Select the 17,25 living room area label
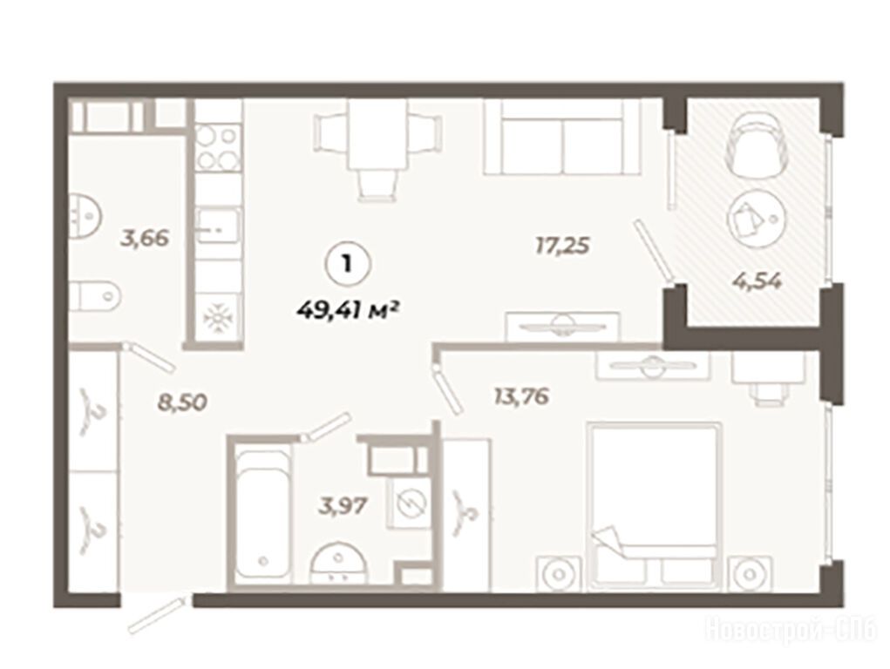pos(562,246)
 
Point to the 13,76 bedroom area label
pos(521,396)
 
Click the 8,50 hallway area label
pos(181,402)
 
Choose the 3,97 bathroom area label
pos(343,504)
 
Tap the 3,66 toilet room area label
pos(144,238)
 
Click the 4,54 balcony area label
pos(757,280)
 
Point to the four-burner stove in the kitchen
pos(218,148)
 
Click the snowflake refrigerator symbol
pos(216,318)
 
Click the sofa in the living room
pos(561,137)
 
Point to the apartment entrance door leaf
pos(157,614)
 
